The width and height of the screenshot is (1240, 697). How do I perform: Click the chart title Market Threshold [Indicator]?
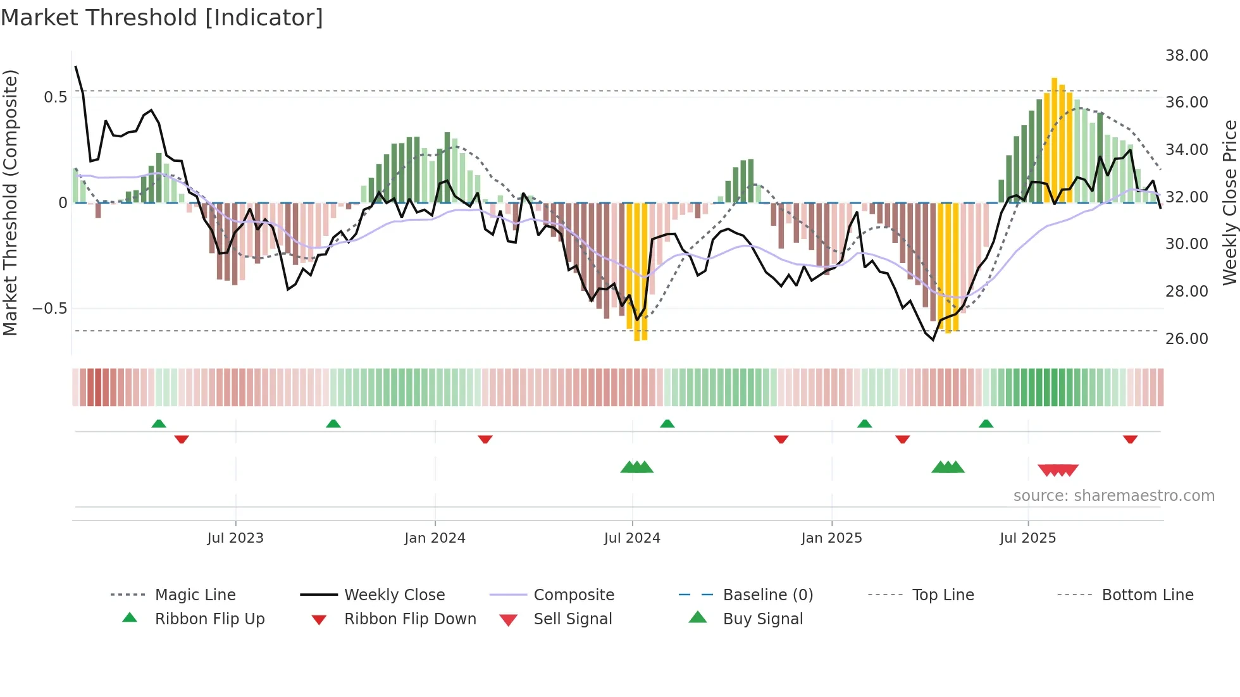coord(162,18)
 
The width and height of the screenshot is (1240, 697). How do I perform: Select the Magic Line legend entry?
coord(195,595)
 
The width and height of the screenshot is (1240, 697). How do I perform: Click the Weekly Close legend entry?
coord(394,595)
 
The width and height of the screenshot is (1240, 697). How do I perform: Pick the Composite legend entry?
coord(573,595)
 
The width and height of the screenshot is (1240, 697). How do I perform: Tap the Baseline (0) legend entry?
coord(767,595)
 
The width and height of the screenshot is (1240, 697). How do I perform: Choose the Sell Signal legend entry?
coord(572,619)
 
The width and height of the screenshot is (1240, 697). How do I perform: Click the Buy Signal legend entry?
coord(762,619)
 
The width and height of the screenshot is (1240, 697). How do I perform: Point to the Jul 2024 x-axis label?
coord(632,538)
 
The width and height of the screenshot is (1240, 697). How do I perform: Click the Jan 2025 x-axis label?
coord(831,538)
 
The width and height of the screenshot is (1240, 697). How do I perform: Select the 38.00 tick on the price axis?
coord(1186,56)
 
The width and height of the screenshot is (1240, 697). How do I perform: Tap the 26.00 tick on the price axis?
coord(1186,339)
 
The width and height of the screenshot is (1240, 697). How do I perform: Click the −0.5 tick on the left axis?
coord(49,309)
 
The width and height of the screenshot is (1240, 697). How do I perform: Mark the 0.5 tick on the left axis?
coord(55,97)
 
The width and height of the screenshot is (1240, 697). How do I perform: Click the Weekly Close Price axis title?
coord(1229,202)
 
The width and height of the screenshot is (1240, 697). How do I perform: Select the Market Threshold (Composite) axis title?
coord(10,202)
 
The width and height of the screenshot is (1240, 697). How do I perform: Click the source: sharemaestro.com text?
coord(1113,496)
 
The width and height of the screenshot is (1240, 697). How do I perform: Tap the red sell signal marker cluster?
coord(1058,470)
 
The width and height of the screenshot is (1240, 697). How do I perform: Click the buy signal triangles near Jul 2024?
coord(636,467)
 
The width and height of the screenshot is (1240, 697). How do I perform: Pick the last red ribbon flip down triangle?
coord(1130,439)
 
